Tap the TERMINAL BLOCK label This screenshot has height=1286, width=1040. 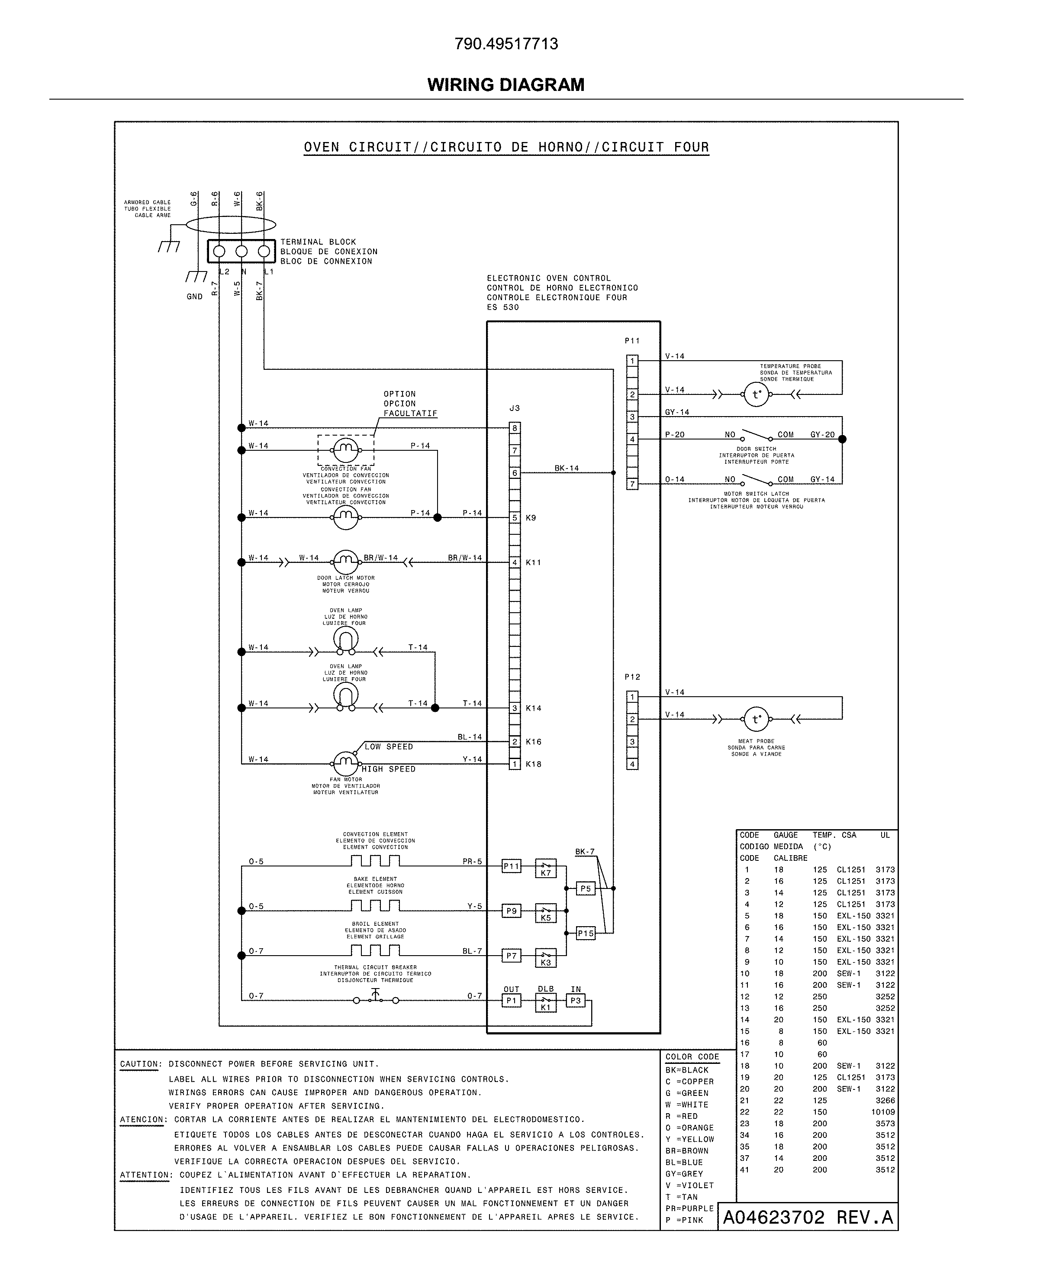pos(318,242)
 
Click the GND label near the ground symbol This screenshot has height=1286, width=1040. pos(195,297)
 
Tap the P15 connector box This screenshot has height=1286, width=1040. pos(585,933)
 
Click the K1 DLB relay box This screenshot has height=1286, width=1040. pos(545,1002)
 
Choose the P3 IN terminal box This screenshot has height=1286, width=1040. pos(575,1000)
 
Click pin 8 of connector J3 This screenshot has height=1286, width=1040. pos(515,428)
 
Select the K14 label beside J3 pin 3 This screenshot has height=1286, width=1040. pos(533,708)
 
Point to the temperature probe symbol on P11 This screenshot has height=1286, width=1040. pos(756,394)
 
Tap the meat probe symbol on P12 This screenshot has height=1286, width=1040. pos(756,719)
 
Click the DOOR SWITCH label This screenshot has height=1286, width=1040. pos(756,449)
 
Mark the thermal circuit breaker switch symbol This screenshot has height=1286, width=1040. pos(376,999)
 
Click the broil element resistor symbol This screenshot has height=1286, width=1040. pos(376,950)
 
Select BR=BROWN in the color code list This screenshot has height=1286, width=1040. pos(686,1150)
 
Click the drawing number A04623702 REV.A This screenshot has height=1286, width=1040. pos(808,1218)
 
